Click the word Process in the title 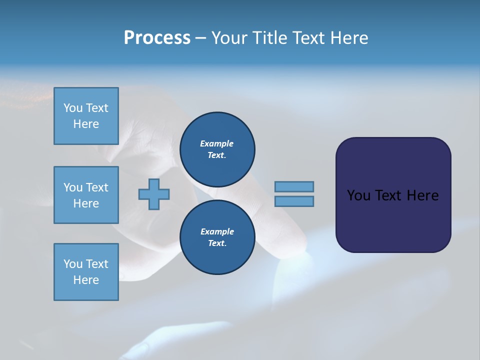click(x=157, y=38)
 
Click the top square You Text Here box click(x=86, y=116)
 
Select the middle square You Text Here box click(x=86, y=195)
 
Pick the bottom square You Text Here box click(x=86, y=272)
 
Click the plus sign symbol click(x=154, y=194)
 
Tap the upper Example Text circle click(x=217, y=149)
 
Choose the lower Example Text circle click(x=217, y=237)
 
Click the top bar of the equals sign click(x=294, y=187)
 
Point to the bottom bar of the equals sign click(x=294, y=201)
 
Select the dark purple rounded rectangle click(x=393, y=220)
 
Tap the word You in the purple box click(x=358, y=195)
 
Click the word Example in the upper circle click(x=217, y=143)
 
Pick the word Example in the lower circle click(x=217, y=231)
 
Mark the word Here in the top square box click(x=86, y=124)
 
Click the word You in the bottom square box click(x=73, y=264)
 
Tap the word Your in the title click(x=228, y=38)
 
